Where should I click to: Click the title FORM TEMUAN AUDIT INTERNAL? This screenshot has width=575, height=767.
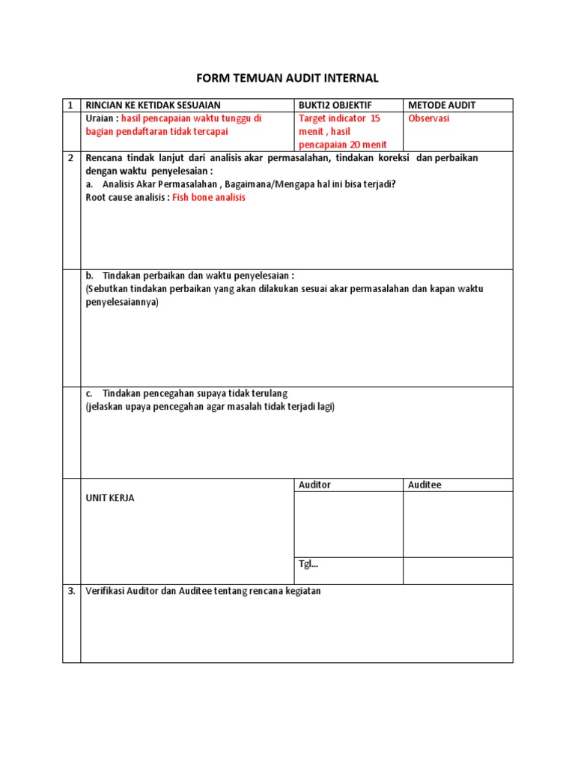coord(287,78)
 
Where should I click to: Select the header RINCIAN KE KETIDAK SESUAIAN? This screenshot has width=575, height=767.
coord(153,106)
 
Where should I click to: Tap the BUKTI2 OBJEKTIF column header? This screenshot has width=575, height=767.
coord(335,106)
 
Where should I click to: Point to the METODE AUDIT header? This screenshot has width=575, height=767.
coord(442,106)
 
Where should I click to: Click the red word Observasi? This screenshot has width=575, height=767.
coord(429,119)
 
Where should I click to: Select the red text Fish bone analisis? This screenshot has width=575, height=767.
coord(209,198)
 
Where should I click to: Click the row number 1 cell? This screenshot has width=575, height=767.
coord(70,106)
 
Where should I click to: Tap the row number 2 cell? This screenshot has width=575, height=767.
coord(70,158)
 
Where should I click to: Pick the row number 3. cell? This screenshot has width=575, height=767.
coord(71,591)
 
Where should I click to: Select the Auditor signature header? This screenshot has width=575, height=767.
coord(314,485)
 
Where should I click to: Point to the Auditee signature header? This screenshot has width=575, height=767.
coord(425,485)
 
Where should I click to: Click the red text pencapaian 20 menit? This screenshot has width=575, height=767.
coord(343,144)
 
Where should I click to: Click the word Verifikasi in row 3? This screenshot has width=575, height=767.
coord(108,591)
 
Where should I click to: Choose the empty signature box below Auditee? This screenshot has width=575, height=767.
coord(457,524)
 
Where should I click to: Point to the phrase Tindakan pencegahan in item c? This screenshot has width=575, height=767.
coord(153,393)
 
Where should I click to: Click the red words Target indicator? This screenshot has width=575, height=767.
coord(332,119)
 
